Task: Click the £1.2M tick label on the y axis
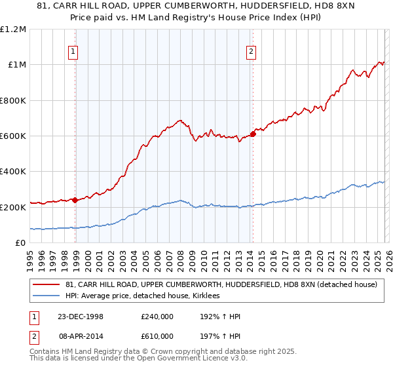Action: click(x=14, y=29)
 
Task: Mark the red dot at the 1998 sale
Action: click(x=75, y=200)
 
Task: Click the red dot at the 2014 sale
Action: click(x=252, y=134)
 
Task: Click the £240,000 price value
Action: click(x=157, y=317)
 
